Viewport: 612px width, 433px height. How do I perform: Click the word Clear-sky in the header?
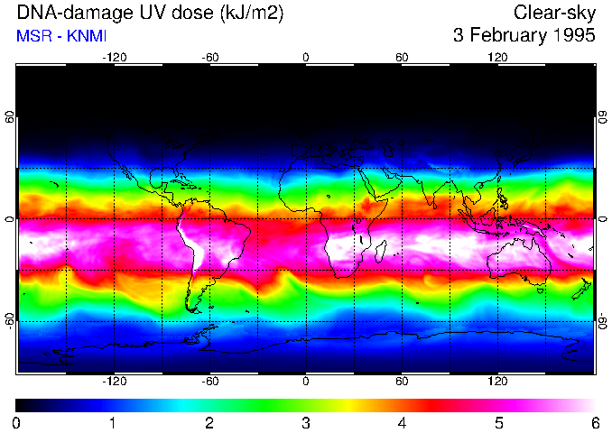[552, 14]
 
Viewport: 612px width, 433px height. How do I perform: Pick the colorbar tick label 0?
[17, 422]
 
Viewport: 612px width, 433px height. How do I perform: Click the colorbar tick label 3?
[306, 422]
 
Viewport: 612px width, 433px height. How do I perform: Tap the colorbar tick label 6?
[594, 422]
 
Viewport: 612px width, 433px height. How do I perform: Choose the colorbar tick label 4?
[402, 422]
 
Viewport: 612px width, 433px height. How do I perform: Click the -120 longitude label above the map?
[114, 57]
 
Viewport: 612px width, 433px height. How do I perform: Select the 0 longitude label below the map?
[306, 382]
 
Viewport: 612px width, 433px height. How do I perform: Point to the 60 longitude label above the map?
[402, 57]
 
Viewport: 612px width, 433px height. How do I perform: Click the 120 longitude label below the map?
[498, 382]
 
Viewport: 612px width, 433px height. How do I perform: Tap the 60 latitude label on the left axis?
[9, 118]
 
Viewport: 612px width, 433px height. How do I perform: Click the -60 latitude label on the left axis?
[9, 320]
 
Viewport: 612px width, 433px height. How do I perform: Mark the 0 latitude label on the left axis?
[9, 219]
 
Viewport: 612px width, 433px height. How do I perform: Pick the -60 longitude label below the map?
[210, 382]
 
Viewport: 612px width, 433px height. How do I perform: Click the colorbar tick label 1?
[114, 422]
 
